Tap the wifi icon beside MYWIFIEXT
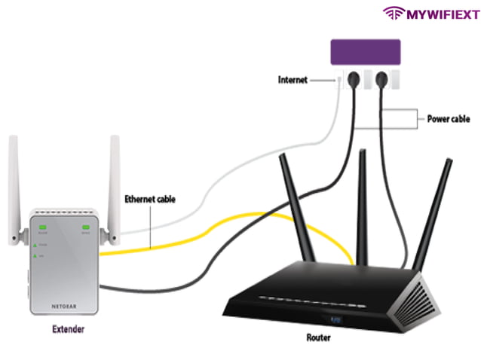click(x=394, y=13)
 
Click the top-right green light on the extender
click(x=87, y=227)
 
